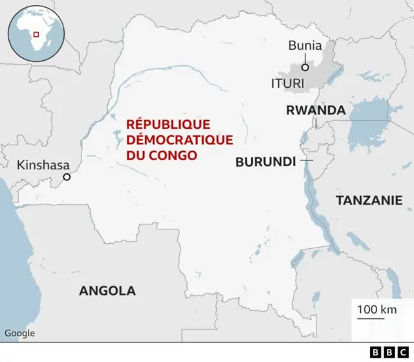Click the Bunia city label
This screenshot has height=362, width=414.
pyautogui.click(x=305, y=45)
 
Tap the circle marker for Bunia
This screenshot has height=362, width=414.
pyautogui.click(x=305, y=66)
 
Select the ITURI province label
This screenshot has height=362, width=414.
pyautogui.click(x=287, y=83)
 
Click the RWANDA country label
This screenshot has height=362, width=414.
pyautogui.click(x=316, y=111)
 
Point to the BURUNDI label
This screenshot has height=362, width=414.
pyautogui.click(x=265, y=162)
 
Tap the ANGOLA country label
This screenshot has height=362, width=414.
pyautogui.click(x=107, y=290)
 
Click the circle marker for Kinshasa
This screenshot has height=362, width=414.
pyautogui.click(x=66, y=176)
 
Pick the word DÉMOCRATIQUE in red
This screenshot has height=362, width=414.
pyautogui.click(x=169, y=140)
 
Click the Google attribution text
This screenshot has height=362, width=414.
pyautogui.click(x=19, y=334)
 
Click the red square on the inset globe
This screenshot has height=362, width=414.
pyautogui.click(x=37, y=34)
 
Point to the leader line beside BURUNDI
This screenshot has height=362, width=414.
pyautogui.click(x=306, y=160)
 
